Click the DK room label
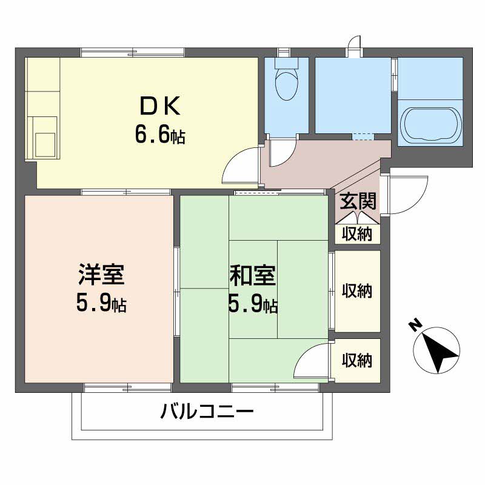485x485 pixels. pyautogui.click(x=160, y=106)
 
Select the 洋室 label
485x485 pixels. pyautogui.click(x=101, y=275)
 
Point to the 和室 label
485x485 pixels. pyautogui.click(x=252, y=276)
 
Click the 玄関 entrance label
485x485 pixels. pyautogui.click(x=358, y=201)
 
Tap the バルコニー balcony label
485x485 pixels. pyautogui.click(x=207, y=411)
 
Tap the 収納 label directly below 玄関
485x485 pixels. pyautogui.click(x=356, y=234)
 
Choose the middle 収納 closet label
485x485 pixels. pyautogui.click(x=356, y=290)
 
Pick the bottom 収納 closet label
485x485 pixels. pyautogui.click(x=356, y=360)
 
